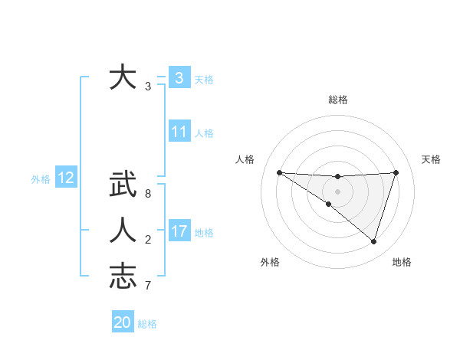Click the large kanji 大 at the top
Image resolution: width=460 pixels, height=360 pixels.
pos(123,78)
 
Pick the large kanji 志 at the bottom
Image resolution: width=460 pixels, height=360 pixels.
pos(123,276)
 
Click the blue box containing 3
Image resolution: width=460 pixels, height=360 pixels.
pos(179,78)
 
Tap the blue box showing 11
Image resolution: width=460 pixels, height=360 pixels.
pos(179,132)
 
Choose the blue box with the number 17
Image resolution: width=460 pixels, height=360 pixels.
pos(179,231)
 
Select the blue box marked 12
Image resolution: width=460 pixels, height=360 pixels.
pos(66,178)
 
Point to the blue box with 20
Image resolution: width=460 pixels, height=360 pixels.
pos(122,322)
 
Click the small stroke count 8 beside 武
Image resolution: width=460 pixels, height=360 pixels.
pos(148,193)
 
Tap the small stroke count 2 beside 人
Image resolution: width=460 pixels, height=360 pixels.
pos(148,240)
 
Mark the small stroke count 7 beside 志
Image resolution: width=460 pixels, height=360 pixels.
pos(148,286)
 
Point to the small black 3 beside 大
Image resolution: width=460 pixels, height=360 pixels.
pos(148,87)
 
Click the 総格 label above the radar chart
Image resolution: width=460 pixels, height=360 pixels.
pos(337,100)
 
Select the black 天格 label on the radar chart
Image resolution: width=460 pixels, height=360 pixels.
pos(431,159)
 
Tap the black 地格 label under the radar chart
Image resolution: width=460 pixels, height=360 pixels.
pos(402,262)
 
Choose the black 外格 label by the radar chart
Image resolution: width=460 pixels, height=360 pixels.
pos(270,262)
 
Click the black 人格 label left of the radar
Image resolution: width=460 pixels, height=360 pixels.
pos(245,159)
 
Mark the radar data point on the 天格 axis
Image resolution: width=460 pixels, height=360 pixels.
pos(396,172)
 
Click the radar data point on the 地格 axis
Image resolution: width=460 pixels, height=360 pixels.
pos(373,241)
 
